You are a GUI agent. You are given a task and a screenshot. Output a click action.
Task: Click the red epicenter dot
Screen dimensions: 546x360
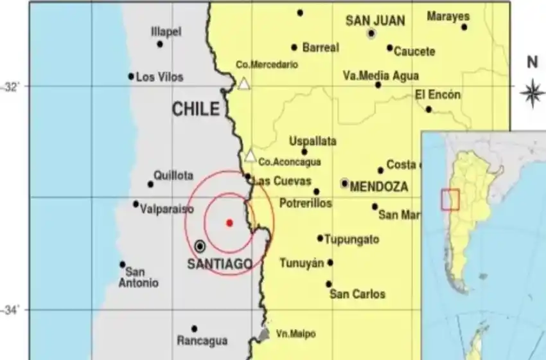229,223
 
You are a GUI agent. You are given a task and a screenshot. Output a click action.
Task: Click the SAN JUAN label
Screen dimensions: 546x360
375,21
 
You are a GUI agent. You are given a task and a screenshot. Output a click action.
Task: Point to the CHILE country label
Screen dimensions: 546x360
196,110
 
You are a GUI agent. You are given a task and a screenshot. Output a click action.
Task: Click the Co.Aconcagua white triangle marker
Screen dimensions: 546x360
251,156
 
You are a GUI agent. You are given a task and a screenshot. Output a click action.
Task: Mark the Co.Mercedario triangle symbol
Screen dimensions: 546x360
243,84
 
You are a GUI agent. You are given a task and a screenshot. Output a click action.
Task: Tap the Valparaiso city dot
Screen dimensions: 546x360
136,204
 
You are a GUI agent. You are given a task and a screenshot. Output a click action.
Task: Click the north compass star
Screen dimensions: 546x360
531,92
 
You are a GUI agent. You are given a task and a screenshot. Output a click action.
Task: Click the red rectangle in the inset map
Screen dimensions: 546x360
450,199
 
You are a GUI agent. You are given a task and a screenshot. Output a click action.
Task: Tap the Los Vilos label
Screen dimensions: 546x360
160,77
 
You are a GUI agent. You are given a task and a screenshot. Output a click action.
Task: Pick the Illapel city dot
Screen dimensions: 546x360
160,44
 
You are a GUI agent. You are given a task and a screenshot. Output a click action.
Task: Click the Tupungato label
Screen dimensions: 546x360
351,239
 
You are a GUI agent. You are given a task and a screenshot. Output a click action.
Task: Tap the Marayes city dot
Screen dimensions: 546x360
464,27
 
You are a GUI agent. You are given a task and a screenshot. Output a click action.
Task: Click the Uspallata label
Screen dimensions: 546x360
313,141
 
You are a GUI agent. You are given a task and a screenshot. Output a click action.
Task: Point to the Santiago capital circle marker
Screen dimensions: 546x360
200,246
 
